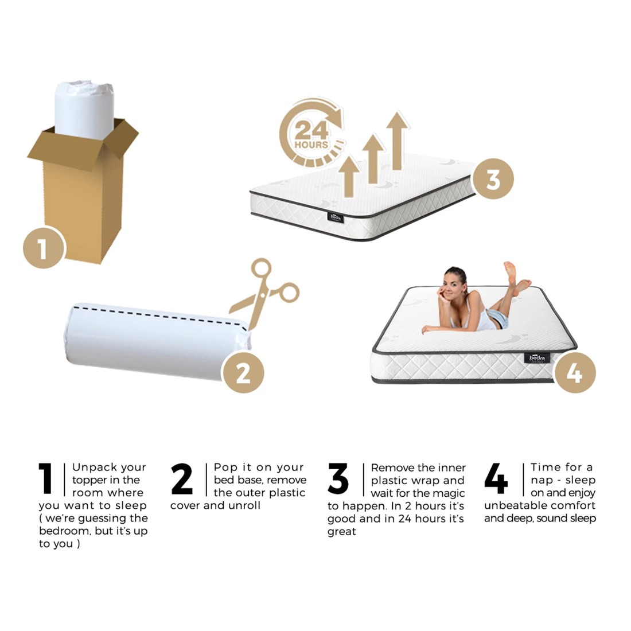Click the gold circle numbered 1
coord(43,247)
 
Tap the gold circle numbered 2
coord(243,372)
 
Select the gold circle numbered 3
coord(493,178)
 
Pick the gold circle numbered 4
coord(575,373)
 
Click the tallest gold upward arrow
coord(397,141)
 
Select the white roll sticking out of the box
coord(84,108)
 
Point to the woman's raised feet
coord(516,278)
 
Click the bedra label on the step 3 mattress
coord(336,217)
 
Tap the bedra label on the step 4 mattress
coord(537,358)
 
